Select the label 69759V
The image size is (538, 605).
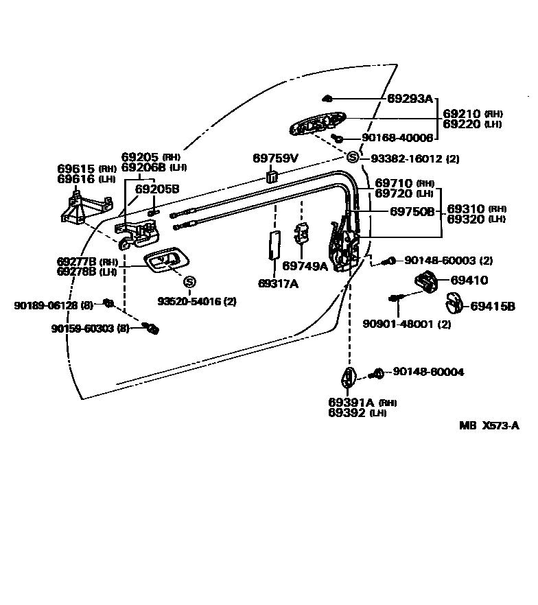tap(275, 158)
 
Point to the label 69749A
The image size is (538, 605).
tap(305, 266)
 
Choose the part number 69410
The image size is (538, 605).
tap(469, 280)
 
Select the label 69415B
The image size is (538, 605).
tap(492, 307)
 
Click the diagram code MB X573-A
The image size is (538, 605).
tap(489, 425)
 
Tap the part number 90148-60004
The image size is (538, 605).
tap(428, 372)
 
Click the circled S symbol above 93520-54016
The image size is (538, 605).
tap(189, 282)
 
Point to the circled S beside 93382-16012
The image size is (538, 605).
tap(353, 158)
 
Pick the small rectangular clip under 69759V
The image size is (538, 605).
tap(272, 178)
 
